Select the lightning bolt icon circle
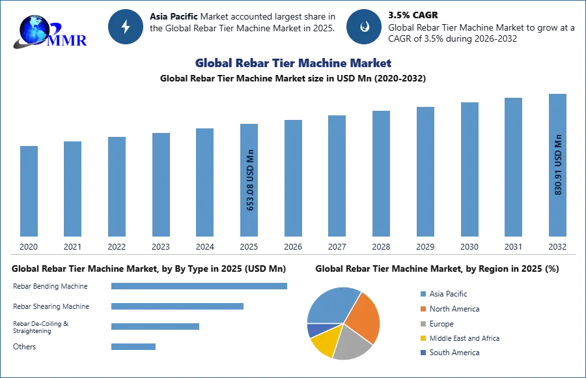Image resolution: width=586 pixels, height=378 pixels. click(x=126, y=27)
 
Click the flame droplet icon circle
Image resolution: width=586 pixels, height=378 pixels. click(x=364, y=27)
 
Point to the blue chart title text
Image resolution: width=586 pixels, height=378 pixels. click(x=294, y=63)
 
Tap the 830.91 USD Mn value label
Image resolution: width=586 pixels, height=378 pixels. click(x=558, y=164)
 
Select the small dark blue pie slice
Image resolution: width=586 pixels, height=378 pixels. click(x=314, y=330)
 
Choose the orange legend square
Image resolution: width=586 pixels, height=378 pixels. click(x=423, y=308)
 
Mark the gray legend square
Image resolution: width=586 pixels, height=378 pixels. click(x=423, y=324)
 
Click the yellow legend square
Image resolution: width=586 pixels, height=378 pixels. click(x=423, y=339)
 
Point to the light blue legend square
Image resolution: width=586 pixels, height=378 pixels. click(x=423, y=293)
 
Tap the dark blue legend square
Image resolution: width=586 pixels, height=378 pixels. click(x=423, y=354)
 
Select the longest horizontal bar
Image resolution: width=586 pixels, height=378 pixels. click(x=200, y=287)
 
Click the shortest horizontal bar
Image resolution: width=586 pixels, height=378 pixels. click(x=133, y=347)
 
